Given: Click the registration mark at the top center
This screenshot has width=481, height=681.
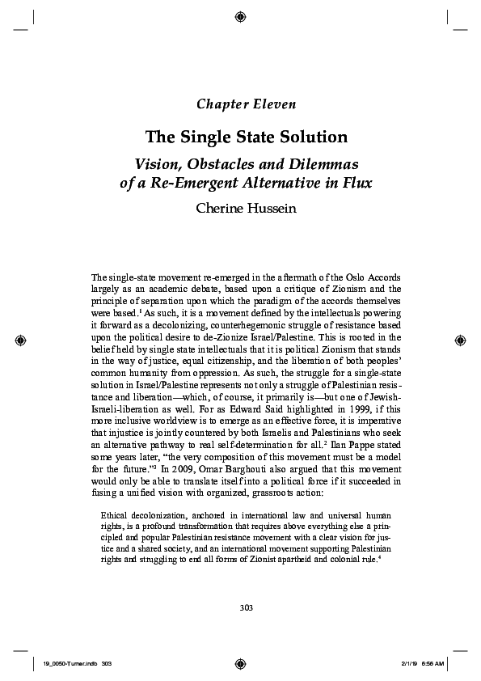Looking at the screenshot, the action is (x=240, y=15).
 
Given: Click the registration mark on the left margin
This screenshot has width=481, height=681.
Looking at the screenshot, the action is (x=21, y=340).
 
